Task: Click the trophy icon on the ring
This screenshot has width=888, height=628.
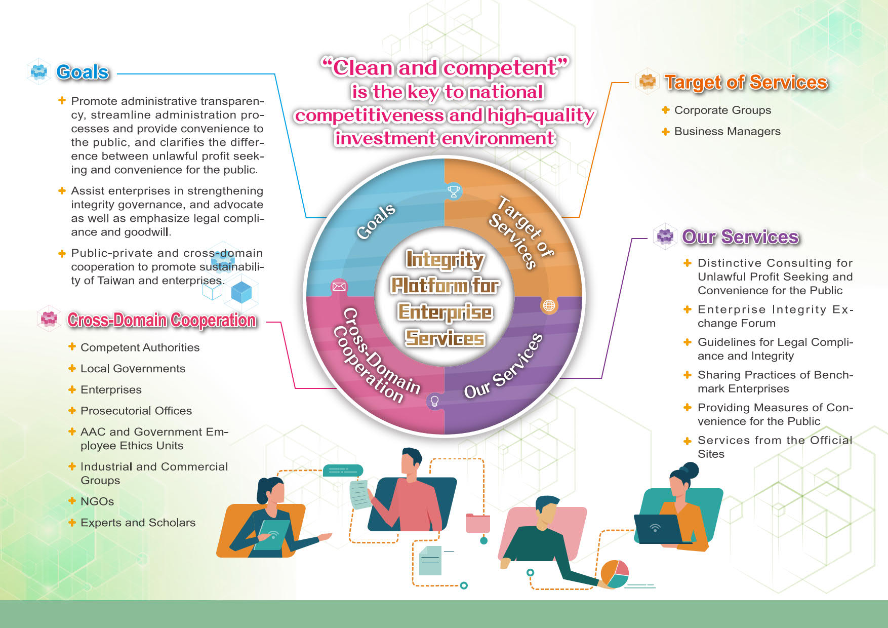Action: tap(454, 191)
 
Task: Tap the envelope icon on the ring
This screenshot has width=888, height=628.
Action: tap(339, 287)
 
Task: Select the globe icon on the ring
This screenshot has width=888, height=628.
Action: tap(549, 305)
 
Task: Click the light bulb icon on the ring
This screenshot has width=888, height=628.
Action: tap(434, 401)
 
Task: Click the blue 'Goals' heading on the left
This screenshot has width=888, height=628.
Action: tap(83, 72)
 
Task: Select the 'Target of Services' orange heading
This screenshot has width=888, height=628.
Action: tap(746, 82)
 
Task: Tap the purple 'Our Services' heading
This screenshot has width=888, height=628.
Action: tap(740, 237)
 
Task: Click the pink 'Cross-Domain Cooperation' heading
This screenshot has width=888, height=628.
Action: tap(162, 320)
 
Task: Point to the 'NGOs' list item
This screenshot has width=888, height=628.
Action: tap(97, 501)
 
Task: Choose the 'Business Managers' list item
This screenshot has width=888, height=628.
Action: tap(727, 132)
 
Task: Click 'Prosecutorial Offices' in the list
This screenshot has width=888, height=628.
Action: tap(136, 411)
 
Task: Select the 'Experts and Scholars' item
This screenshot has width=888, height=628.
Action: tap(138, 523)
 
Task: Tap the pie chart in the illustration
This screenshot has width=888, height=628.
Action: tap(615, 574)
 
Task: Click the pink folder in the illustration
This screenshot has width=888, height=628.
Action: tap(477, 523)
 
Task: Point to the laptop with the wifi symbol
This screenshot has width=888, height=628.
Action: tap(657, 529)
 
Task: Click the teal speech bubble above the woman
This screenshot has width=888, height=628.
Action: tap(343, 470)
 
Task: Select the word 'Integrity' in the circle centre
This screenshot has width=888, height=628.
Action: tap(445, 259)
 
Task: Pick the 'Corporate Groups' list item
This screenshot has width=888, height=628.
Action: tap(722, 110)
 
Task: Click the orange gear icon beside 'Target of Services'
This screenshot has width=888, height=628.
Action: tap(647, 81)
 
